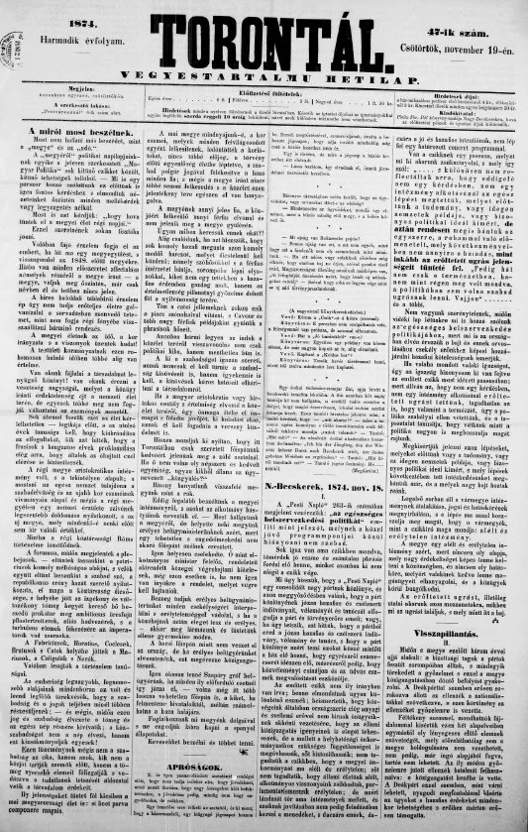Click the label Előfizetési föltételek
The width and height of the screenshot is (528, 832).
[x=267, y=87]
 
